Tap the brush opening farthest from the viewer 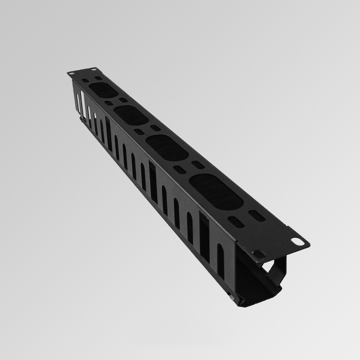coord(104,90)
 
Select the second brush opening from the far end coord(131,115)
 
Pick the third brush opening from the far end coord(167,148)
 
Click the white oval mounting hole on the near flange coord(297,241)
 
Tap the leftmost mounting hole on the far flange coord(71,73)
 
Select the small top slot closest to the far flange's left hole coord(85,81)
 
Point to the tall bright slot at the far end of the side coord(82,103)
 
